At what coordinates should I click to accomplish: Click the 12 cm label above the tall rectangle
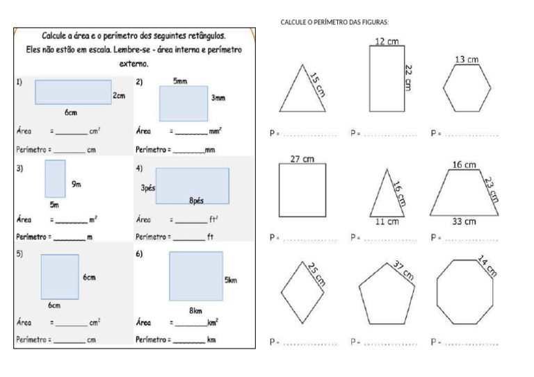point(387,42)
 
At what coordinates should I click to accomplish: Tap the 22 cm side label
point(409,76)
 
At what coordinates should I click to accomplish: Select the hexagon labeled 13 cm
point(467,88)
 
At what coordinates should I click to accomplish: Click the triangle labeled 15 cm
point(302,94)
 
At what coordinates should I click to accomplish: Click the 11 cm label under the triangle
point(387,222)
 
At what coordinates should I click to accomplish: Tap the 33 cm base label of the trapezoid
point(464,222)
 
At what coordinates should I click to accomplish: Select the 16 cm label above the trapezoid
point(464,165)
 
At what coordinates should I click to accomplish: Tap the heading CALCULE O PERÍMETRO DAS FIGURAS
point(334,22)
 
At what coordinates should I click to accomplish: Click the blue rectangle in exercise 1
point(73,92)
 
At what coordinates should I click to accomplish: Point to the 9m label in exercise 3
point(76,184)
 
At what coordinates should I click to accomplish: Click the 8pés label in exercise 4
point(196,201)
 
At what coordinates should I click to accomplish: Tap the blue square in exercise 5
point(59,276)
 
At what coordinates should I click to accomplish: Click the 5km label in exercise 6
point(231,280)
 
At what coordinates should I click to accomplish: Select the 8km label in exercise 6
point(195,310)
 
